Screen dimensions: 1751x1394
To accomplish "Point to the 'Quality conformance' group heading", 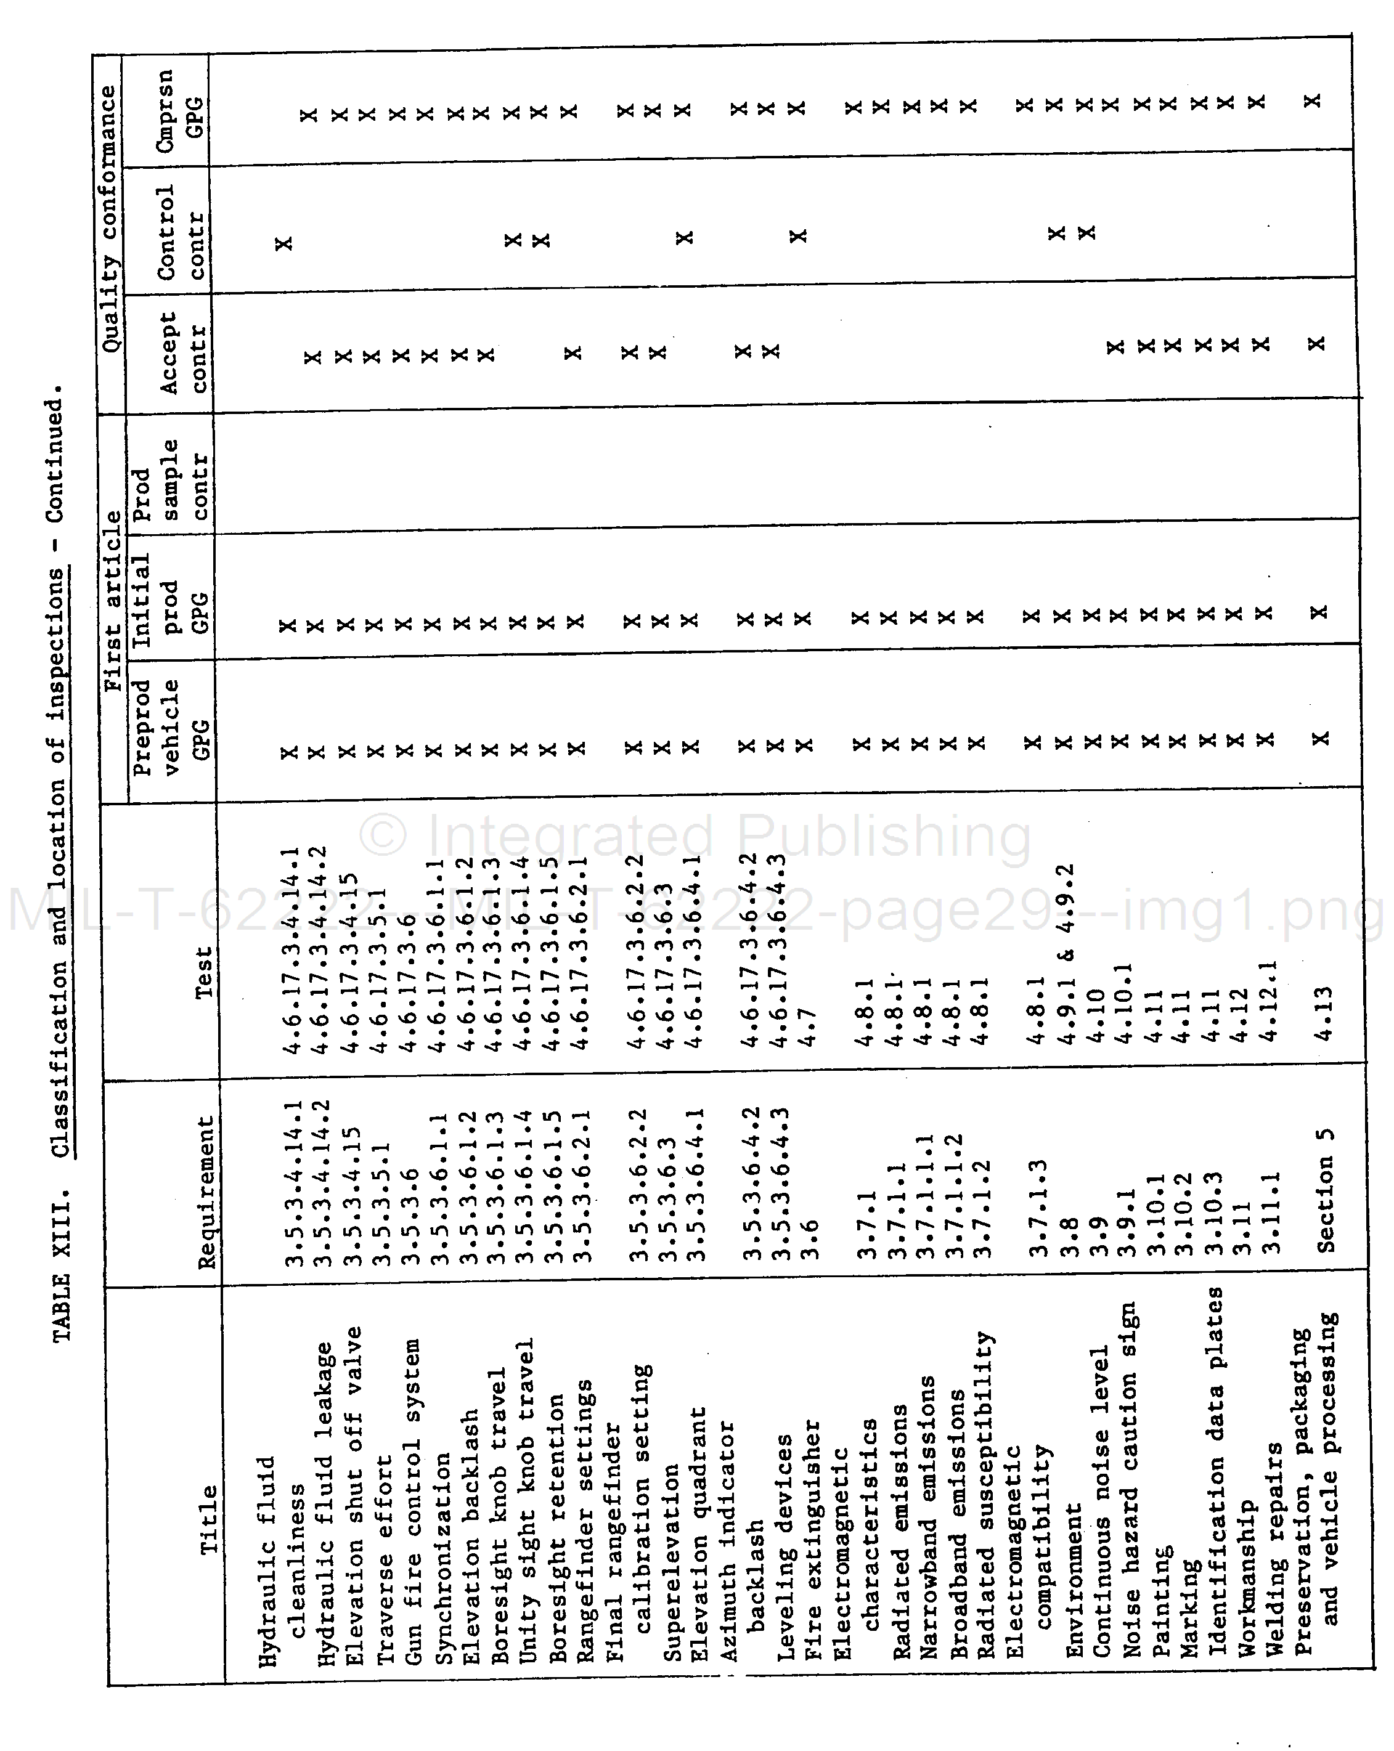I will pos(109,219).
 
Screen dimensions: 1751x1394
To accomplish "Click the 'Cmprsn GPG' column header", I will pos(179,103).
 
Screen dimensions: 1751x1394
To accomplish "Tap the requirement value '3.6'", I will pos(809,1238).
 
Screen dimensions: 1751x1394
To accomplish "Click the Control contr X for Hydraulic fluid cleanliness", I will pos(283,243).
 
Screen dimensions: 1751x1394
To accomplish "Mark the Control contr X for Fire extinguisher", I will pos(799,235).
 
